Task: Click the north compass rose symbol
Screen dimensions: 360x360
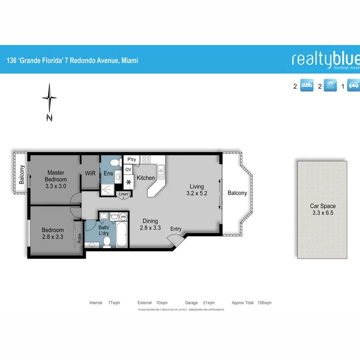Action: (49, 98)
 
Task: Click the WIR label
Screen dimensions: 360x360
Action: (90, 174)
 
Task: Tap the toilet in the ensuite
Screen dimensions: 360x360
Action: (116, 162)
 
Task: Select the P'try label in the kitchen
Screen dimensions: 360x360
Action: (132, 160)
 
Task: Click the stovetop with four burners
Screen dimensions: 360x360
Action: (146, 160)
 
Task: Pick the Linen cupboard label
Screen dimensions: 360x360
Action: (124, 194)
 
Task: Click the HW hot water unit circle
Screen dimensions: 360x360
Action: (123, 216)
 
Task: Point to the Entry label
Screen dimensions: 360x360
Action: (176, 229)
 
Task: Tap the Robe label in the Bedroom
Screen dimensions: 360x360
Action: (80, 238)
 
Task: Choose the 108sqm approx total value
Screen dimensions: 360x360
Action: (264, 303)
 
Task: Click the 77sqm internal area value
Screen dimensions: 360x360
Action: (114, 303)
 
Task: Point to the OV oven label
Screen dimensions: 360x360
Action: (128, 170)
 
